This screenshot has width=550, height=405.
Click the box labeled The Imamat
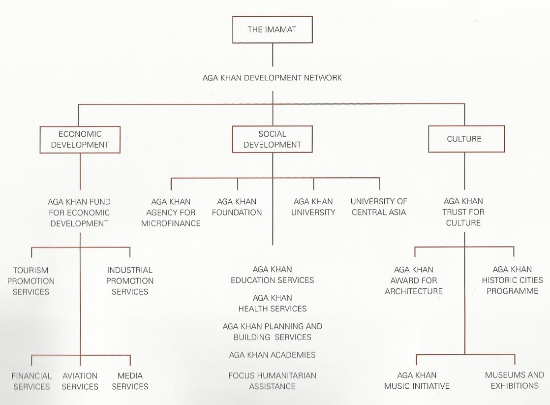point(272,30)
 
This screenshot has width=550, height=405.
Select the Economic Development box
point(80,139)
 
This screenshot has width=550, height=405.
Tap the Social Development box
point(272,139)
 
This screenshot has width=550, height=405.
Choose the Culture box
point(464,139)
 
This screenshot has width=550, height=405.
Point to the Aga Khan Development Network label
point(272,78)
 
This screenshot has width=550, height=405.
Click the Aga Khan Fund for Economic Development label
point(79,212)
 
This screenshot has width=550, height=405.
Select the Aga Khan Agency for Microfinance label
point(171,212)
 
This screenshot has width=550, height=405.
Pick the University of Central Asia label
point(378,207)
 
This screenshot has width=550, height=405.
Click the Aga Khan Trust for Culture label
point(463,212)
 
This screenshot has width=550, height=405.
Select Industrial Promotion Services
point(130,280)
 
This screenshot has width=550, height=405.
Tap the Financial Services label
point(31,381)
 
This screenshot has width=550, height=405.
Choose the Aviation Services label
point(80,381)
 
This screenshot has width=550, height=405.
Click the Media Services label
point(130,381)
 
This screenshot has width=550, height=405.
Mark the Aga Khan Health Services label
point(272,303)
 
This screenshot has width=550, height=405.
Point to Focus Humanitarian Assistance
point(272,381)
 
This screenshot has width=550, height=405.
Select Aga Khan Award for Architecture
point(414,280)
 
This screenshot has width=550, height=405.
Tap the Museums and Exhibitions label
point(515,380)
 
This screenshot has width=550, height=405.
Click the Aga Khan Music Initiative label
point(417,381)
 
